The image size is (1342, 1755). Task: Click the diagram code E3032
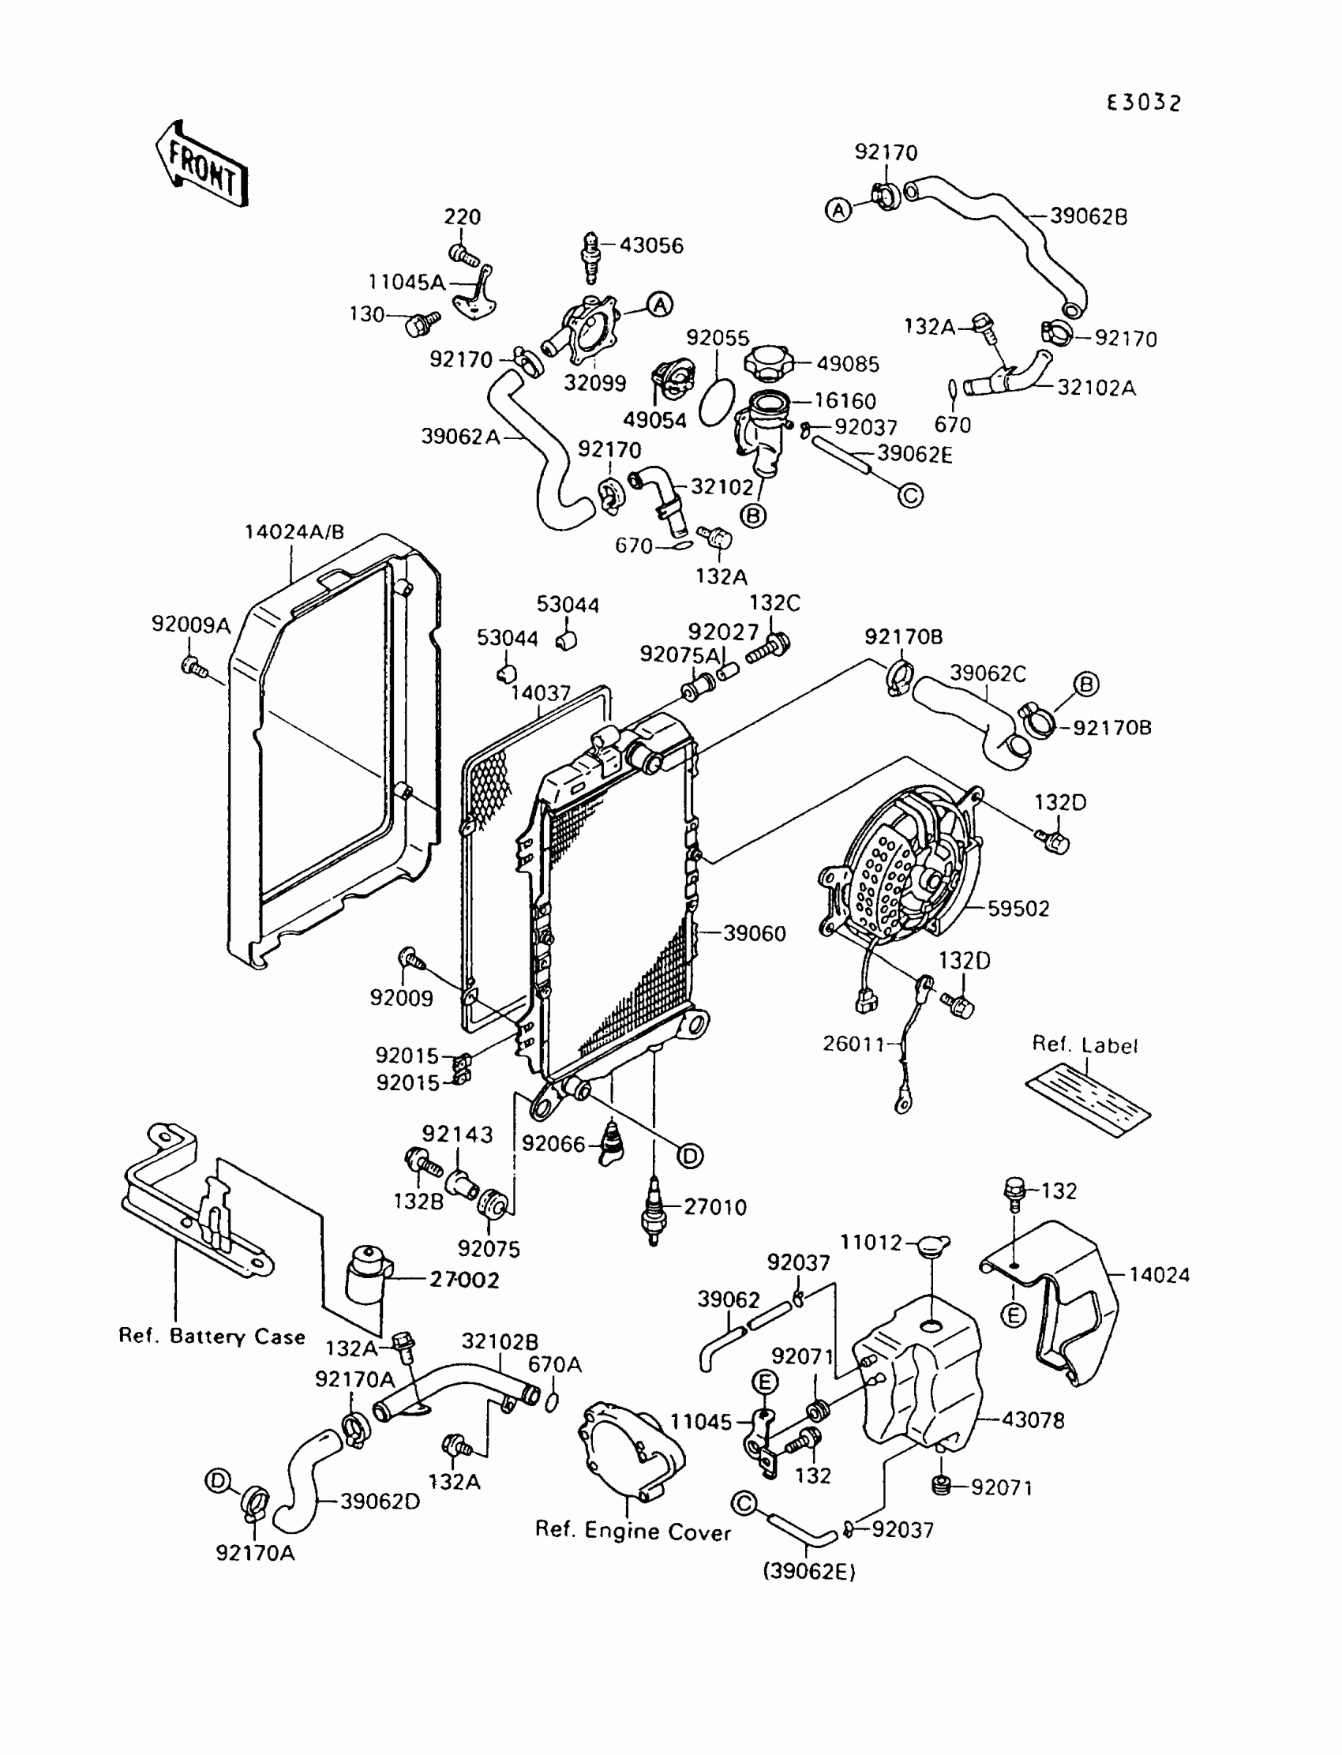(1143, 103)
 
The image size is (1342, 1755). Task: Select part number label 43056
(651, 246)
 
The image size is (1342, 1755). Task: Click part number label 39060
(754, 933)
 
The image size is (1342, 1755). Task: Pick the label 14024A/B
(294, 532)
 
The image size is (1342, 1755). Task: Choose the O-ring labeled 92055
(717, 403)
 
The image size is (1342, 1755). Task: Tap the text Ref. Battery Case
(212, 1337)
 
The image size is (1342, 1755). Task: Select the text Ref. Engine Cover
(632, 1532)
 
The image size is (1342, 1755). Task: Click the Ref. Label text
(1084, 1044)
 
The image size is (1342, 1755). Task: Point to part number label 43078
(1033, 1420)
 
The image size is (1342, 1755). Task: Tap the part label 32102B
(500, 1341)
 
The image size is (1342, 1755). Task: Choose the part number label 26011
(855, 1044)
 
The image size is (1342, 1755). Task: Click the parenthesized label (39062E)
(809, 1571)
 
